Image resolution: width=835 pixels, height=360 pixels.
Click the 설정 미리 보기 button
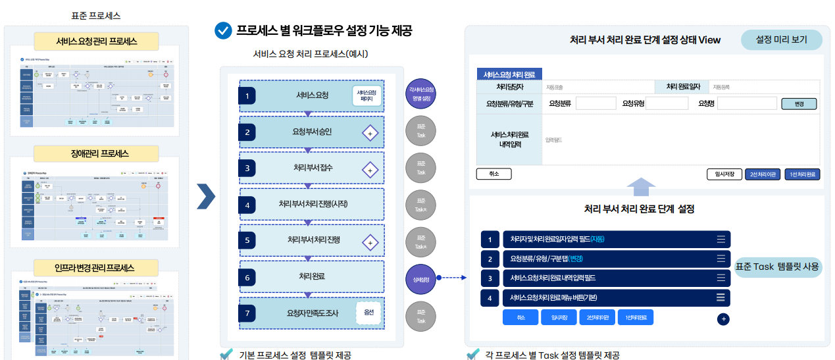pyautogui.click(x=781, y=39)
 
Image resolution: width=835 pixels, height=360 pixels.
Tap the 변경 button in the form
pyautogui.click(x=799, y=104)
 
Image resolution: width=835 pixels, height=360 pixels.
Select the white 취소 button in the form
pyautogui.click(x=493, y=174)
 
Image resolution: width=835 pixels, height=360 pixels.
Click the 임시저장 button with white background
pyautogui.click(x=720, y=174)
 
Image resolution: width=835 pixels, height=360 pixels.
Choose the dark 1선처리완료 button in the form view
pyautogui.click(x=802, y=174)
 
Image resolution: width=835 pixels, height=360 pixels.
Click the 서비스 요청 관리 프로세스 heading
pyautogui.click(x=97, y=41)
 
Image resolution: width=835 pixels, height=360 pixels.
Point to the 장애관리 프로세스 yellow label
pyautogui.click(x=97, y=153)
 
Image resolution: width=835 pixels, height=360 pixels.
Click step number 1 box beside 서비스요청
pyautogui.click(x=247, y=96)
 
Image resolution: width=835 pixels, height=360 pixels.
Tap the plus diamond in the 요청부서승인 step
pyautogui.click(x=370, y=133)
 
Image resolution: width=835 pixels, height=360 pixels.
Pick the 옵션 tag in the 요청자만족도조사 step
pyautogui.click(x=368, y=313)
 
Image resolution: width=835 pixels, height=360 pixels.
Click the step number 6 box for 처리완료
pyautogui.click(x=247, y=278)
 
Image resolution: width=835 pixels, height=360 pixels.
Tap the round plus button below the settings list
pyautogui.click(x=723, y=319)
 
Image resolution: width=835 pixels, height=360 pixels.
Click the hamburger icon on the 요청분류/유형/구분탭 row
pyautogui.click(x=721, y=259)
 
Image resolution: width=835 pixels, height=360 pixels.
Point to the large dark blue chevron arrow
pyautogui.click(x=206, y=195)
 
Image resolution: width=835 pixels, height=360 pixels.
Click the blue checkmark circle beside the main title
pyautogui.click(x=223, y=30)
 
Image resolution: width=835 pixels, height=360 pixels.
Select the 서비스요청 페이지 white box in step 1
pyautogui.click(x=367, y=96)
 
